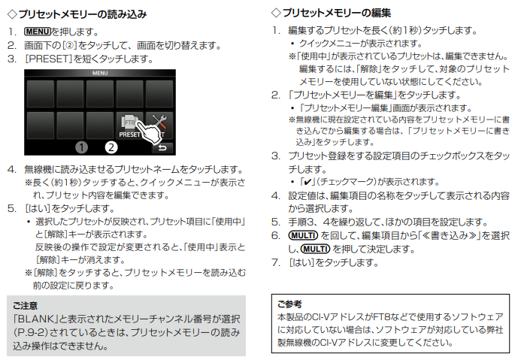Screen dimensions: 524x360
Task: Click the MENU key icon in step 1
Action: pyautogui.click(x=37, y=32)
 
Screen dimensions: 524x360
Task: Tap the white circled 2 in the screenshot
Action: pyautogui.click(x=111, y=147)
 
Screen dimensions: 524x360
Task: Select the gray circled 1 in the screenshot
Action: pyautogui.click(x=81, y=147)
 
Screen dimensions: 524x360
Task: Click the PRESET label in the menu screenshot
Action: pyautogui.click(x=129, y=135)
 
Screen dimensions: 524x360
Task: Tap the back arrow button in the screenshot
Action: pyautogui.click(x=162, y=147)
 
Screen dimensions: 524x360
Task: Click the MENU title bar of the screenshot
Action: pyautogui.click(x=100, y=73)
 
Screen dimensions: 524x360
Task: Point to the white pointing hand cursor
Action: pyautogui.click(x=148, y=132)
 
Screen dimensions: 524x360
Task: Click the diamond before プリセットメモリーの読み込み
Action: pyautogui.click(x=12, y=14)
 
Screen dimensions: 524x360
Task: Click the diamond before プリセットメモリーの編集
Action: pyautogui.click(x=276, y=13)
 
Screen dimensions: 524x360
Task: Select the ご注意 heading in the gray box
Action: pyautogui.click(x=25, y=306)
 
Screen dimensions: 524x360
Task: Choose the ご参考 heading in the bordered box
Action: pyautogui.click(x=289, y=304)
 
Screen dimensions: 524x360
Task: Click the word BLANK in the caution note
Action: pyautogui.click(x=36, y=319)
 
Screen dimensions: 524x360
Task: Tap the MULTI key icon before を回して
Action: pyautogui.click(x=303, y=235)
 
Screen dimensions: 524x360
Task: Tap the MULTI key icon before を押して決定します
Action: pyautogui.click(x=315, y=249)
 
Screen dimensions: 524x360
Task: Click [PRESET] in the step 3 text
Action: pyautogui.click(x=49, y=59)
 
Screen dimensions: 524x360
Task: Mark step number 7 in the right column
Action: pyautogui.click(x=275, y=262)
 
